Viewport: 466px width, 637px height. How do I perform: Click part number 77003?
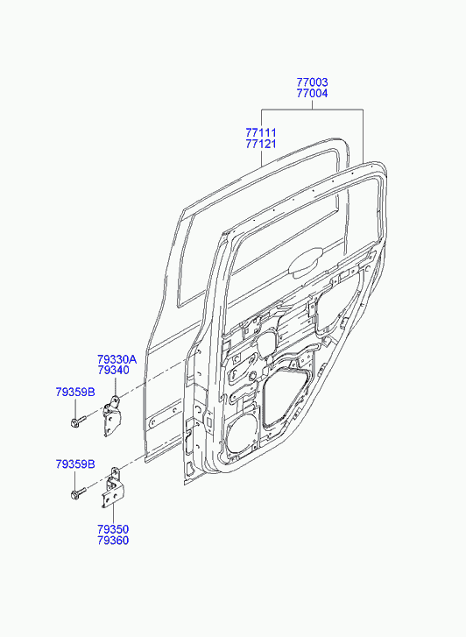tap(312, 82)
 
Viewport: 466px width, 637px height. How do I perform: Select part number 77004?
tap(312, 94)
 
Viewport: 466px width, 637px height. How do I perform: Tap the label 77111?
tap(261, 133)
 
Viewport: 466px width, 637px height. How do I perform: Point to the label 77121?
tap(261, 144)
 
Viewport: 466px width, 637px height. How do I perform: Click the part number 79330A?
tap(117, 359)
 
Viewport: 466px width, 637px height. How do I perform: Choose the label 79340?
tap(113, 371)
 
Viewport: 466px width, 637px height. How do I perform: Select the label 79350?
tap(113, 529)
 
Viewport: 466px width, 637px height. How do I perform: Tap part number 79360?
tap(113, 541)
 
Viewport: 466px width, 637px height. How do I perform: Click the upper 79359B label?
tap(75, 392)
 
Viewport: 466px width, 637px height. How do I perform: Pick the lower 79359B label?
tap(75, 464)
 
